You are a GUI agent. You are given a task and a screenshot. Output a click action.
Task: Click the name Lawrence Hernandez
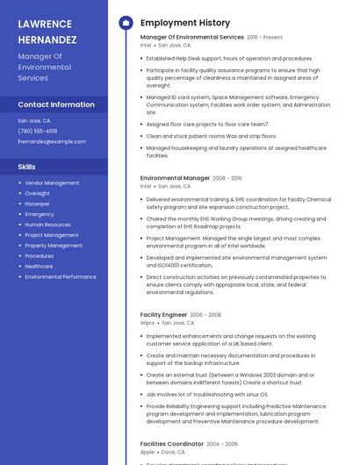click(47, 31)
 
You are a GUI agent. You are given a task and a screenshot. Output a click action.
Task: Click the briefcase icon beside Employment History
click(126, 23)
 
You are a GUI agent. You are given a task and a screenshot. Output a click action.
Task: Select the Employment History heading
click(184, 23)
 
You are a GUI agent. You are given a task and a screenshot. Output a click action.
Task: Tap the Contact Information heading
click(56, 104)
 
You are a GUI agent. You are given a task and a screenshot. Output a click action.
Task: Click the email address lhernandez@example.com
click(52, 141)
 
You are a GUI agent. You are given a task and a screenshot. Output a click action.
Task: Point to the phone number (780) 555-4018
click(38, 131)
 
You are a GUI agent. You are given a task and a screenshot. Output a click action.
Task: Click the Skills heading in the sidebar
click(27, 166)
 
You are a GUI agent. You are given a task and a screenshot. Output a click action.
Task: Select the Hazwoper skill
click(38, 204)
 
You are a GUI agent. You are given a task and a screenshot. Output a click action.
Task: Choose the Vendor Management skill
click(52, 182)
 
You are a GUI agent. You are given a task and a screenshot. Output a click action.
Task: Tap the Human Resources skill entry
click(47, 225)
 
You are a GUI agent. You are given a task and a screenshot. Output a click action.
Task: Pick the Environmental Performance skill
click(61, 276)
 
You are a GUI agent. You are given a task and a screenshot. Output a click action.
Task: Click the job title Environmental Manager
click(175, 178)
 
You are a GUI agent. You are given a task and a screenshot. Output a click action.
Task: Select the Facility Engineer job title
click(163, 314)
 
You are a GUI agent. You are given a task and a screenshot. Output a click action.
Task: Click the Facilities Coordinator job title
click(171, 444)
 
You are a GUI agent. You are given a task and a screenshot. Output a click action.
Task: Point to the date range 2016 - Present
click(264, 38)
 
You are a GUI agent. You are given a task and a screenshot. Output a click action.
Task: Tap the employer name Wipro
click(147, 322)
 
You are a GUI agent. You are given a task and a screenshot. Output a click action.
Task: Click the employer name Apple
click(147, 452)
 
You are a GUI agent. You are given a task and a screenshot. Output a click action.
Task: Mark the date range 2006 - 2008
click(205, 314)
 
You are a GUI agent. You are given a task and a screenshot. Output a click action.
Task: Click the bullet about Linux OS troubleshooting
click(206, 394)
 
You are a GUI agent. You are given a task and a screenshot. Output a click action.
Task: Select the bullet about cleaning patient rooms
click(211, 136)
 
